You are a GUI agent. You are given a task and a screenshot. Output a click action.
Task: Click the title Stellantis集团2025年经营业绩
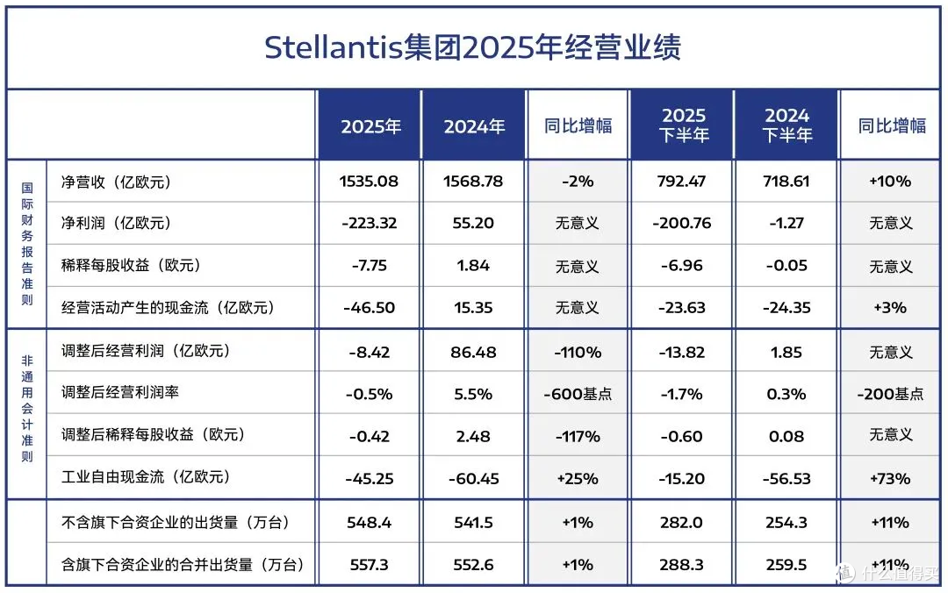tap(473, 47)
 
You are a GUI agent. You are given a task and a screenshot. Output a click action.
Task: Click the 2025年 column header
tap(370, 126)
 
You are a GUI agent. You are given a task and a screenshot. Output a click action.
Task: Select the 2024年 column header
tap(474, 126)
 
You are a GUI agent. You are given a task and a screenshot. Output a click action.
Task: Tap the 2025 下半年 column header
tap(684, 125)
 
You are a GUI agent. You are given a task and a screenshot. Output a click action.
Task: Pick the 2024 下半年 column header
tap(786, 125)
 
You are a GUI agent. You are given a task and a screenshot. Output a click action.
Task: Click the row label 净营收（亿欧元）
tap(116, 182)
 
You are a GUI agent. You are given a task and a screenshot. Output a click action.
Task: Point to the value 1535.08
tap(369, 182)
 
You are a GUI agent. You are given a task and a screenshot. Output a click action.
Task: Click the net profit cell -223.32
tap(369, 223)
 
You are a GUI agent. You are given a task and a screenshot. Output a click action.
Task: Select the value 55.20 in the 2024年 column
tap(473, 223)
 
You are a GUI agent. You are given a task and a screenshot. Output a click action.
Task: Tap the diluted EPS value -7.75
tap(369, 266)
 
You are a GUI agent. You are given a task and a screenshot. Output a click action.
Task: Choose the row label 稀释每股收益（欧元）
tap(131, 266)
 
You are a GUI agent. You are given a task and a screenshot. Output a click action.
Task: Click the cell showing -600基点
tap(578, 394)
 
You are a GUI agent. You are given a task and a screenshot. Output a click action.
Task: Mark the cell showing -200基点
tap(890, 394)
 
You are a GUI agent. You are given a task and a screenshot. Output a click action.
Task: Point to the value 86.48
tap(473, 353)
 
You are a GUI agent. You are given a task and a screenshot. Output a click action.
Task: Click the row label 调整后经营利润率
tap(119, 392)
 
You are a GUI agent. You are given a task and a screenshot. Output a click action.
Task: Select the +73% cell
tap(890, 479)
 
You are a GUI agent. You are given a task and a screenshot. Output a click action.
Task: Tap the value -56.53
tap(786, 479)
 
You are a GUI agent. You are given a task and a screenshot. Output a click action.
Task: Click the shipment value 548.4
tap(369, 522)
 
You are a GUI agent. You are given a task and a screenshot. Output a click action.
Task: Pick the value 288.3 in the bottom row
tap(681, 565)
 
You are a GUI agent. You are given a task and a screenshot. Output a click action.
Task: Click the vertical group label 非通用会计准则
tap(27, 409)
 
